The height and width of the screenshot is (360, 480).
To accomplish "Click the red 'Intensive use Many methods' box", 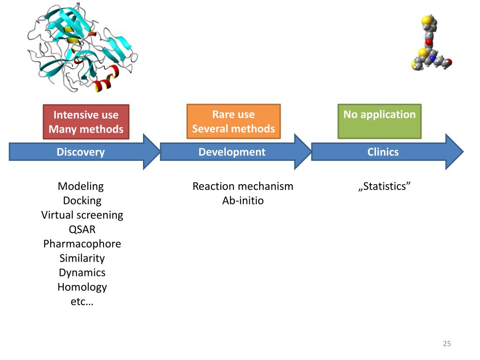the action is click(86, 122).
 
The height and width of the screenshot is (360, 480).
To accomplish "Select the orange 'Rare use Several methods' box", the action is click(233, 121).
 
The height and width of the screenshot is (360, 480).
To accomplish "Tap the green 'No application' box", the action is click(380, 121).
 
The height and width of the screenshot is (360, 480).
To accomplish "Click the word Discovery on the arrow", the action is click(81, 152).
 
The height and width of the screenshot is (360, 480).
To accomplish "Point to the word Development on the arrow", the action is click(232, 152).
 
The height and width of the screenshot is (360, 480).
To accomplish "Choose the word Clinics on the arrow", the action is click(383, 152).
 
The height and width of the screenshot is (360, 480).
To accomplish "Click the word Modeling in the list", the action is click(81, 187).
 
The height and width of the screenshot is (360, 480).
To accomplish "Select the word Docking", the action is click(82, 201).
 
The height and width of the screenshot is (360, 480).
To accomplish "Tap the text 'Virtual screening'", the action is click(82, 215).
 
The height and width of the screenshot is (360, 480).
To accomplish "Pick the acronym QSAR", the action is click(82, 229).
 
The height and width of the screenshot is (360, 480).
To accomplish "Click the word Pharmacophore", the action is click(82, 244).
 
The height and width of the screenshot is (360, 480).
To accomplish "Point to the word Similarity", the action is click(82, 258).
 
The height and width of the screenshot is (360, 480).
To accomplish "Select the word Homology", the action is click(82, 287).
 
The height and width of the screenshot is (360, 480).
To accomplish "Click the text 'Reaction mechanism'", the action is click(243, 186).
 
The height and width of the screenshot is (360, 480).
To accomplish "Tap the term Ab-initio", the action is click(243, 201).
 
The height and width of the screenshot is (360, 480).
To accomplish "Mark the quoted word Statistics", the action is click(384, 186).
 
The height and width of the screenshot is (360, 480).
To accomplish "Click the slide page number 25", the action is click(447, 344).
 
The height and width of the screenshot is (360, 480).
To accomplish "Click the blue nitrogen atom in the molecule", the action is click(432, 58).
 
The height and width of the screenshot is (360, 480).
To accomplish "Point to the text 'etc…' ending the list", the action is click(82, 301).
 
